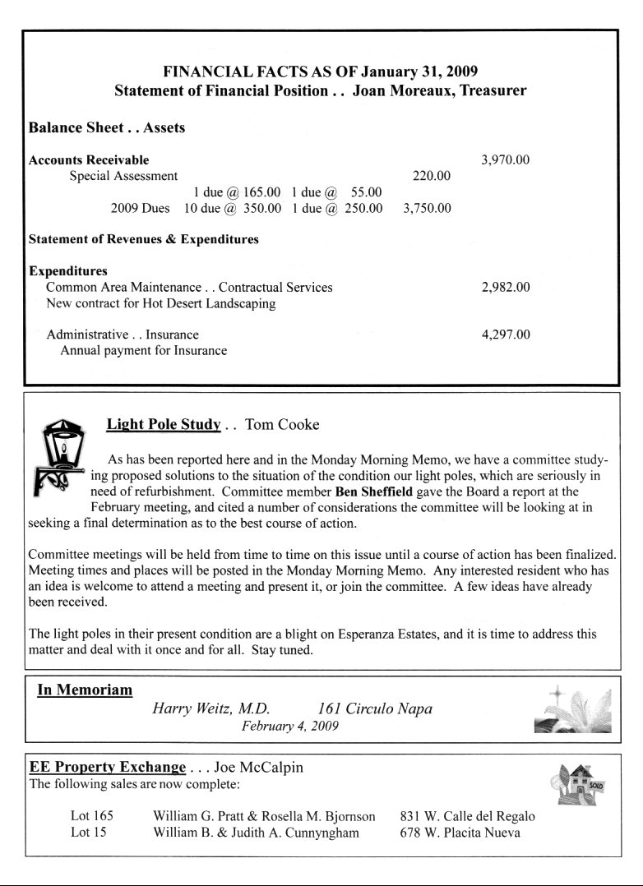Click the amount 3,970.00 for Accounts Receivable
click(x=505, y=160)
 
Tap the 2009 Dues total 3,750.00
click(x=428, y=208)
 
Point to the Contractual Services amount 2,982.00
click(x=505, y=288)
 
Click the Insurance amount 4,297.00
click(x=505, y=335)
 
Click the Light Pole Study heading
click(x=164, y=425)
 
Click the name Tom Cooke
click(x=282, y=425)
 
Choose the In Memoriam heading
click(x=85, y=690)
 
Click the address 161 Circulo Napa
click(x=374, y=708)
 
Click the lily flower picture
click(x=571, y=708)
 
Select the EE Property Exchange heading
click(x=108, y=768)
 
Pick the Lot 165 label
click(x=92, y=816)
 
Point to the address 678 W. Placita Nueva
click(x=460, y=833)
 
